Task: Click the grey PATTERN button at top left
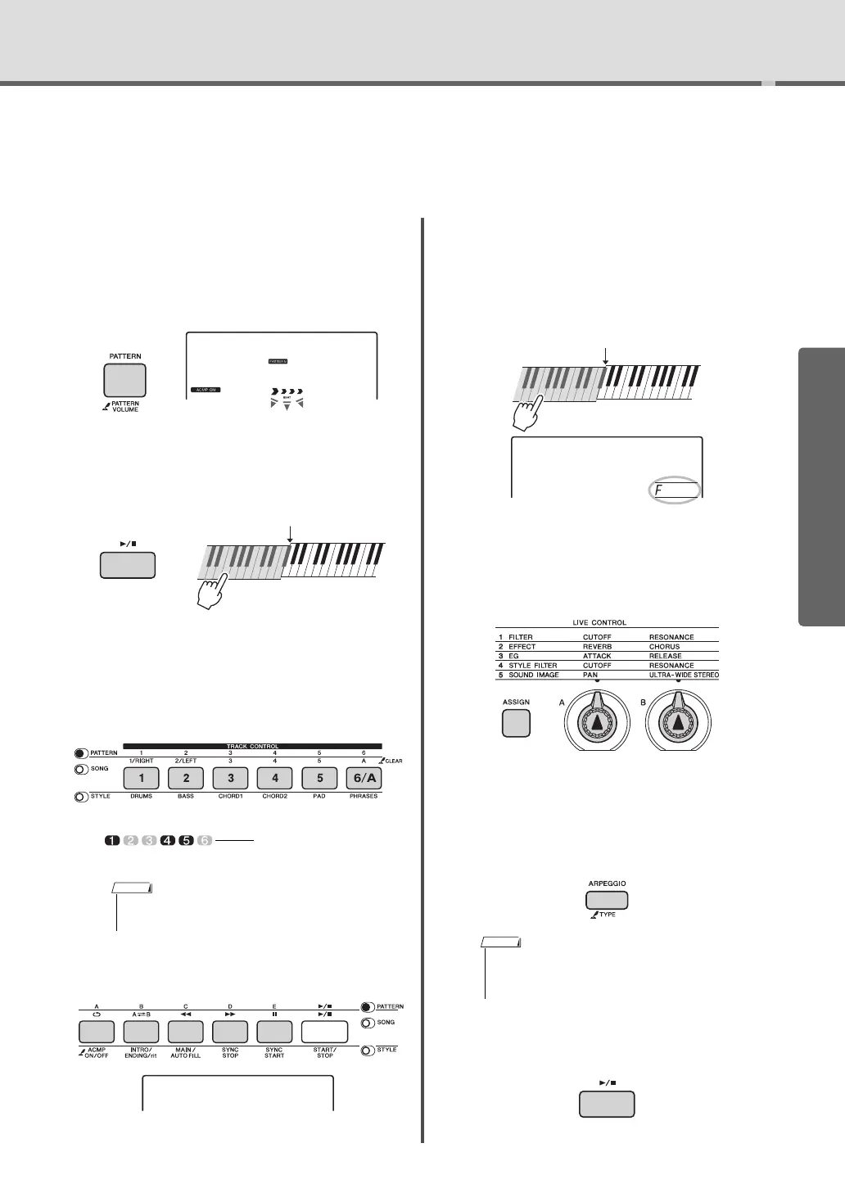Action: click(x=124, y=380)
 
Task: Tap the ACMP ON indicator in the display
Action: click(x=205, y=390)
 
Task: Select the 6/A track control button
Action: click(x=363, y=779)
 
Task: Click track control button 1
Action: click(x=142, y=779)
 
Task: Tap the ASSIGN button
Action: click(x=516, y=724)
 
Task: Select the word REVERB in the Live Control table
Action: click(x=598, y=647)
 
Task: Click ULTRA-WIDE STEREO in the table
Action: click(x=684, y=676)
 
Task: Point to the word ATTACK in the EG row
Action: click(x=597, y=656)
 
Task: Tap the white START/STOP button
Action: click(x=324, y=1032)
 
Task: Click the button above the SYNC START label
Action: click(x=274, y=1032)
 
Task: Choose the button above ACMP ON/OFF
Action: click(x=97, y=1032)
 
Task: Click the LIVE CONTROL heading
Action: click(x=599, y=623)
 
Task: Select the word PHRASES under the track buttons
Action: click(x=363, y=796)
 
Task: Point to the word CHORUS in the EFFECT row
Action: click(x=664, y=647)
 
